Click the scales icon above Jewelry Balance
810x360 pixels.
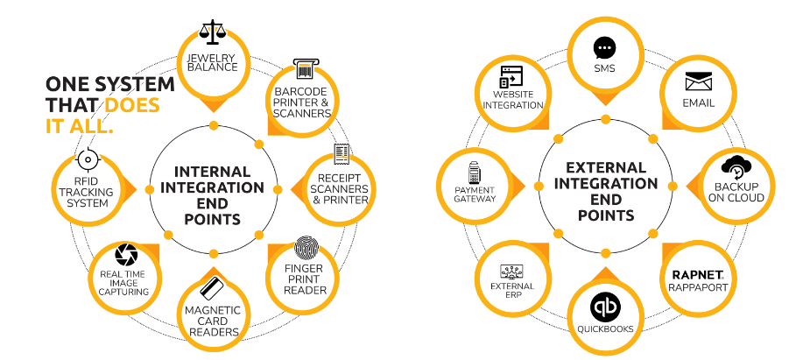(x=211, y=33)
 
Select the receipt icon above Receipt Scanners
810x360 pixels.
(x=342, y=155)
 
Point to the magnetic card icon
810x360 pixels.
(x=211, y=287)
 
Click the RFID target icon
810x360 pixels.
(x=87, y=160)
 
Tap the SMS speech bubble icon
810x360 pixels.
(x=604, y=47)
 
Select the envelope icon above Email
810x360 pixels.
(x=699, y=82)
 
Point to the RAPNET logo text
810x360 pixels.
(x=697, y=274)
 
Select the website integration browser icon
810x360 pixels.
(x=511, y=76)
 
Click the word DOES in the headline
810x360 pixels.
(x=133, y=106)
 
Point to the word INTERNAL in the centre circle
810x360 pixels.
(x=213, y=172)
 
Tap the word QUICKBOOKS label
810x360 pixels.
(x=604, y=329)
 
